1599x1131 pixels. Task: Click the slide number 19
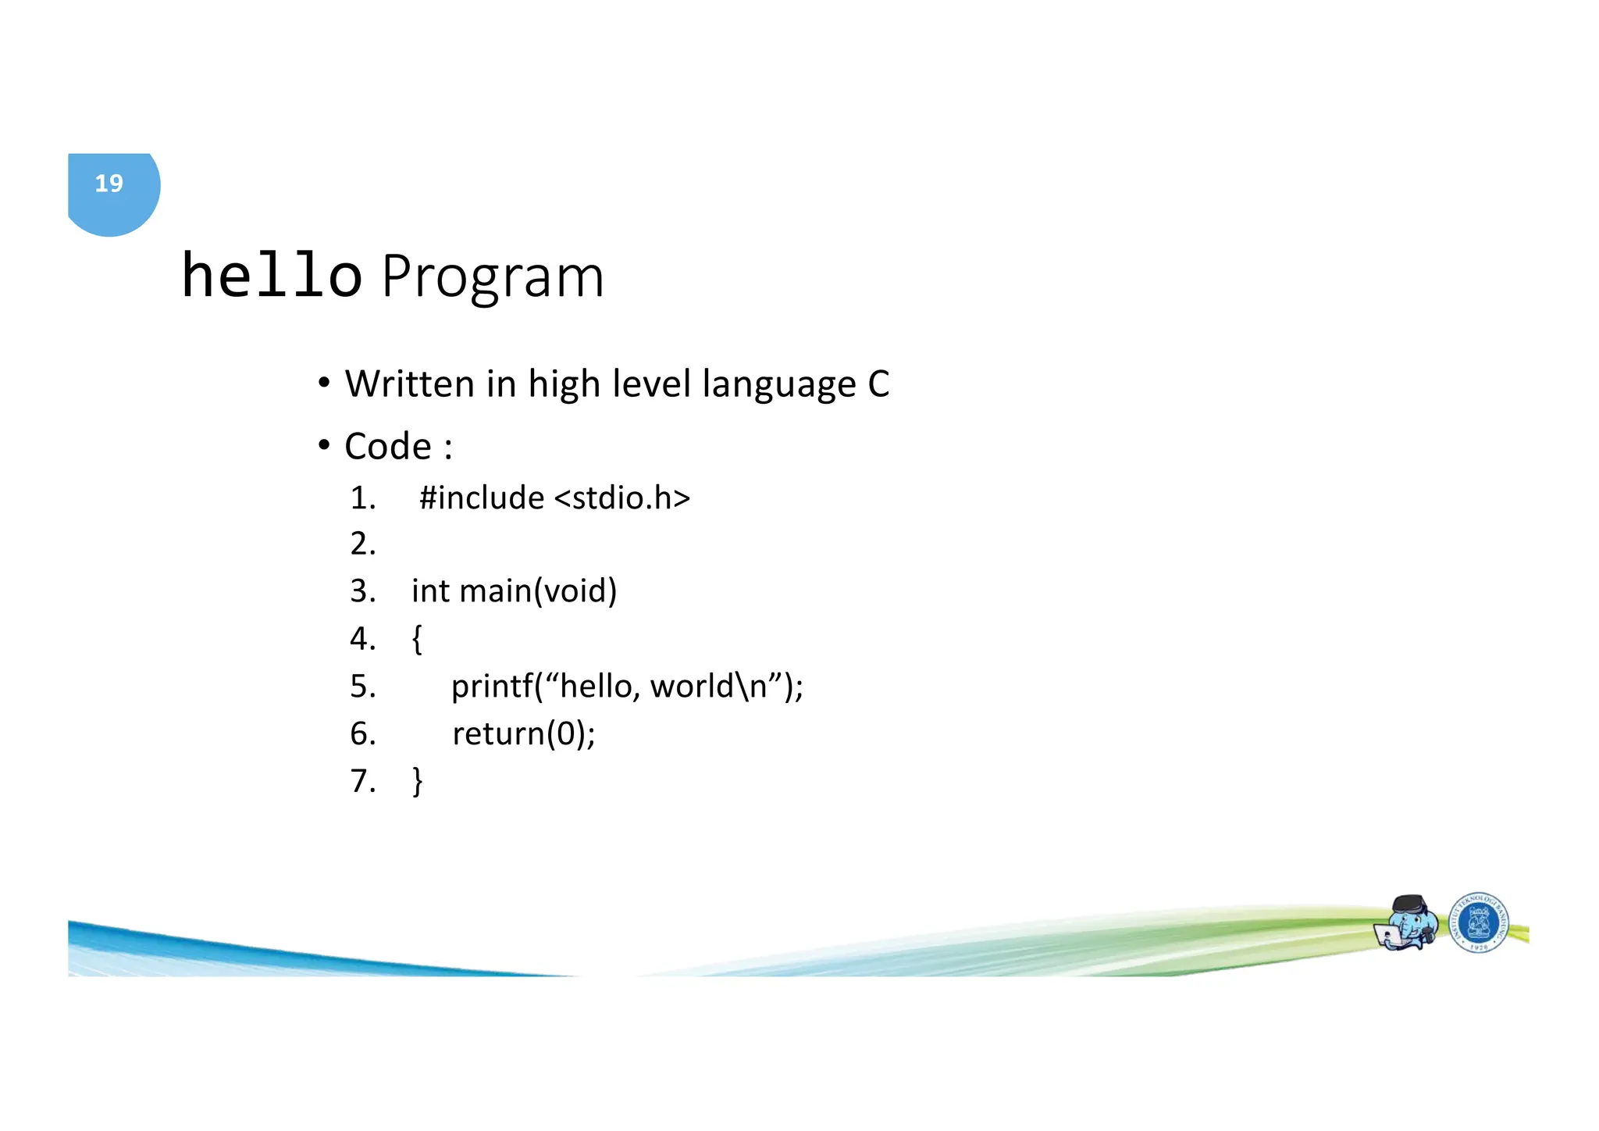coord(109,184)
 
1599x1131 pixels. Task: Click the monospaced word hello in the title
coord(271,276)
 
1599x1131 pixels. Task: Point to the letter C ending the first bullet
coord(878,384)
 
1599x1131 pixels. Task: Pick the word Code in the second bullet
coord(387,447)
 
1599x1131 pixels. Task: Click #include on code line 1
coord(481,498)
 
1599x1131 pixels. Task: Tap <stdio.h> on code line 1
coord(622,498)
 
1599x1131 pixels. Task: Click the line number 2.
coord(362,544)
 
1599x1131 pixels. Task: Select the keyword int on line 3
coord(430,591)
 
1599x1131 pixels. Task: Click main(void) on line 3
coord(538,591)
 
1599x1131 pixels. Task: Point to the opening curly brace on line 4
coord(417,639)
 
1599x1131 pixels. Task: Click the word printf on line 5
coord(492,687)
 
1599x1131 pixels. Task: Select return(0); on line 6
coord(523,734)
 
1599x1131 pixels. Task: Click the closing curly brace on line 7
coord(417,781)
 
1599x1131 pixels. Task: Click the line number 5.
coord(362,687)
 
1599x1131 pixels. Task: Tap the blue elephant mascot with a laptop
coord(1407,923)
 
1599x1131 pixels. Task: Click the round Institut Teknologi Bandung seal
coord(1479,922)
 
